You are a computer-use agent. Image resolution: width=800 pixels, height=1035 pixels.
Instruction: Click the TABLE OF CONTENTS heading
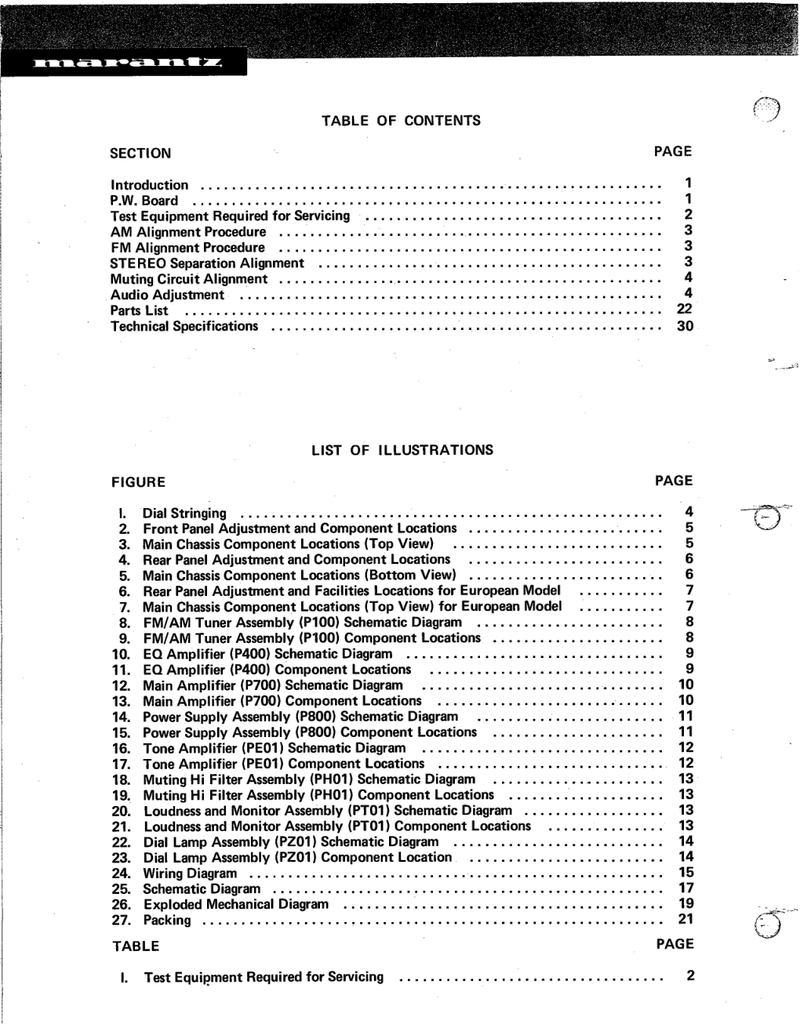tap(401, 121)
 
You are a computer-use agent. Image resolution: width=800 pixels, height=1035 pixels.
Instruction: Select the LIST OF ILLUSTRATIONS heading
tap(402, 450)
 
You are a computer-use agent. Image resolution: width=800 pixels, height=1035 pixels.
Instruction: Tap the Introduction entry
tap(149, 186)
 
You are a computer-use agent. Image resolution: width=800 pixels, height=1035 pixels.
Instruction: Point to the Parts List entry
tap(139, 310)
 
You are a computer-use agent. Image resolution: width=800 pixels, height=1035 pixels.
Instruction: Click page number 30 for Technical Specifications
tap(685, 325)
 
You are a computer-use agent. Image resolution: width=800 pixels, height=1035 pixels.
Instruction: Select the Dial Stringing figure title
tap(184, 514)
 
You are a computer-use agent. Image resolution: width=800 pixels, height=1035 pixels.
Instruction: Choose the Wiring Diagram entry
tap(190, 873)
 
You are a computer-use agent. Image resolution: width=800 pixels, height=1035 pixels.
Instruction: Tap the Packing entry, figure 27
tap(166, 921)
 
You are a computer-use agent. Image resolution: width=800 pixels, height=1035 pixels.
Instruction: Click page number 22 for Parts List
tap(685, 309)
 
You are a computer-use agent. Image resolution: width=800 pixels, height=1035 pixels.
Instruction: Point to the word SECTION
tap(140, 154)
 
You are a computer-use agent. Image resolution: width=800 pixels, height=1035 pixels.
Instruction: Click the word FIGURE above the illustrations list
tap(138, 482)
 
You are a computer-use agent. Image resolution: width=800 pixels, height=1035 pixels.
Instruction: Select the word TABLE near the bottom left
tap(136, 946)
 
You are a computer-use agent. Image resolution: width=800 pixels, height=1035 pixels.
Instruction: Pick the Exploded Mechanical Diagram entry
tap(236, 904)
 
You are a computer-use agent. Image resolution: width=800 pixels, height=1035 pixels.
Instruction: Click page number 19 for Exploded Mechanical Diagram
tap(686, 903)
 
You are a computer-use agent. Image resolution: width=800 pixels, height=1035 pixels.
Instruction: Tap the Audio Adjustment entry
tap(167, 296)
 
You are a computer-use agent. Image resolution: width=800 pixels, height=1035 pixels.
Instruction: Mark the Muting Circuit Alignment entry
tap(189, 279)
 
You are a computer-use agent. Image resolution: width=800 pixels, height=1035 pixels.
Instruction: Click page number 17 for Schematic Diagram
tap(686, 888)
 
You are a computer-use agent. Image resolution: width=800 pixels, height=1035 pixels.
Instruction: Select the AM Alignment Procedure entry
tap(188, 232)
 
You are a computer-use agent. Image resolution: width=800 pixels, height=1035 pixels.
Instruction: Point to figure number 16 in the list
tap(121, 749)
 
